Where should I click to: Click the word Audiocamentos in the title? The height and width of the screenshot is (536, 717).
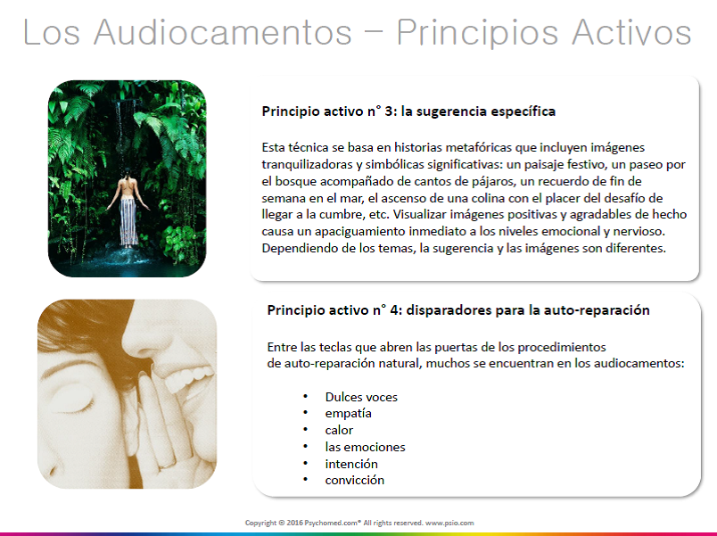pyautogui.click(x=223, y=32)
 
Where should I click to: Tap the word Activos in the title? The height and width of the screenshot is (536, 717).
pyautogui.click(x=631, y=32)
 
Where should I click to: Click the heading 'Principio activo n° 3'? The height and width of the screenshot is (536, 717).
pyautogui.click(x=323, y=111)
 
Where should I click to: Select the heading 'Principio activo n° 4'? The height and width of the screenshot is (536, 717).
pyautogui.click(x=328, y=310)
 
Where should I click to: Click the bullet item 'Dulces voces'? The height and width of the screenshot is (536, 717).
pyautogui.click(x=361, y=397)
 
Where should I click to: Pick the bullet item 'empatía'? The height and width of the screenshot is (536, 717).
pyautogui.click(x=348, y=414)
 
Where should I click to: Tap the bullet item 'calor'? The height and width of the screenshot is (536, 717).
pyautogui.click(x=339, y=430)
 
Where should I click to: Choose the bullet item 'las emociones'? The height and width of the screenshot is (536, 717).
pyautogui.click(x=365, y=447)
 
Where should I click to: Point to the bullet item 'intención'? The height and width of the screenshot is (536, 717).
pyautogui.click(x=351, y=464)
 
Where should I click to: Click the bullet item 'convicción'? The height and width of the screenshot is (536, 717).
pyautogui.click(x=354, y=480)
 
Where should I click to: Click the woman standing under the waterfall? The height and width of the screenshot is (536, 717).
pyautogui.click(x=128, y=208)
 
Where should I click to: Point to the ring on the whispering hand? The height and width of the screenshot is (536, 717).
pyautogui.click(x=167, y=466)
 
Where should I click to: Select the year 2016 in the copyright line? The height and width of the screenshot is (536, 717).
pyautogui.click(x=294, y=523)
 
